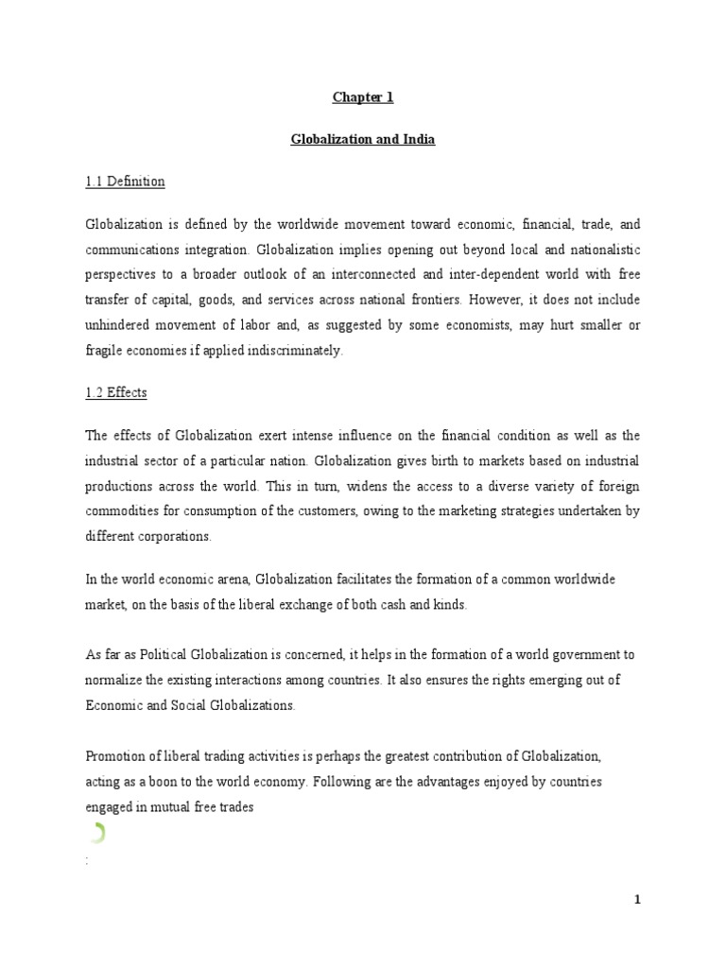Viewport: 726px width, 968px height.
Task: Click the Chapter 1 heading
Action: pyautogui.click(x=362, y=96)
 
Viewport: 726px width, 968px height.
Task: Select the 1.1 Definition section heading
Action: pyautogui.click(x=125, y=181)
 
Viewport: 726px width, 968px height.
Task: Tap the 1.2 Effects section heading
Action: pyautogui.click(x=114, y=391)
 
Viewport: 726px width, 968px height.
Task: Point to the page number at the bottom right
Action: pyautogui.click(x=638, y=900)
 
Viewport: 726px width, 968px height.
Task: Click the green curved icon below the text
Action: pyautogui.click(x=98, y=833)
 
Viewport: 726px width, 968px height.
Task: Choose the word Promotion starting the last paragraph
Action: pyautogui.click(x=117, y=758)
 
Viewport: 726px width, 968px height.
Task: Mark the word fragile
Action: pyautogui.click(x=106, y=350)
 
